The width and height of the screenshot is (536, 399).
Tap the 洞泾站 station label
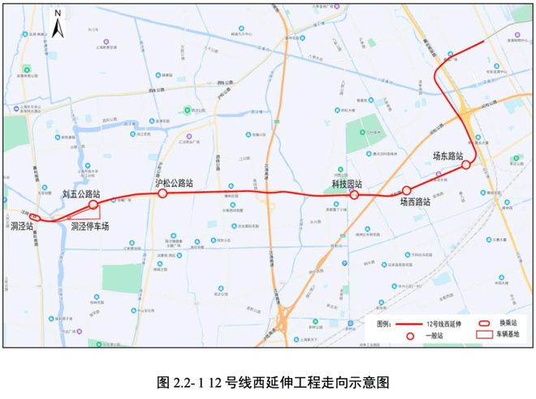click(21, 227)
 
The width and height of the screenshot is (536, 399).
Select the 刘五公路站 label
click(81, 195)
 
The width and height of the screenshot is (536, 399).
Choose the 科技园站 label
click(347, 184)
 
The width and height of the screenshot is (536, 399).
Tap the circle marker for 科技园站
click(355, 196)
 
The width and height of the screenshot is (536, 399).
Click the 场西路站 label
click(415, 202)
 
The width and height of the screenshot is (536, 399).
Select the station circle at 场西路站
click(404, 191)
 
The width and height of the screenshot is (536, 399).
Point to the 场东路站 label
click(447, 155)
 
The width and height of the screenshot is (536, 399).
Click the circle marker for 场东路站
click(466, 165)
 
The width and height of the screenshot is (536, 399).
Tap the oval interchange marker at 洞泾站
click(33, 217)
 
